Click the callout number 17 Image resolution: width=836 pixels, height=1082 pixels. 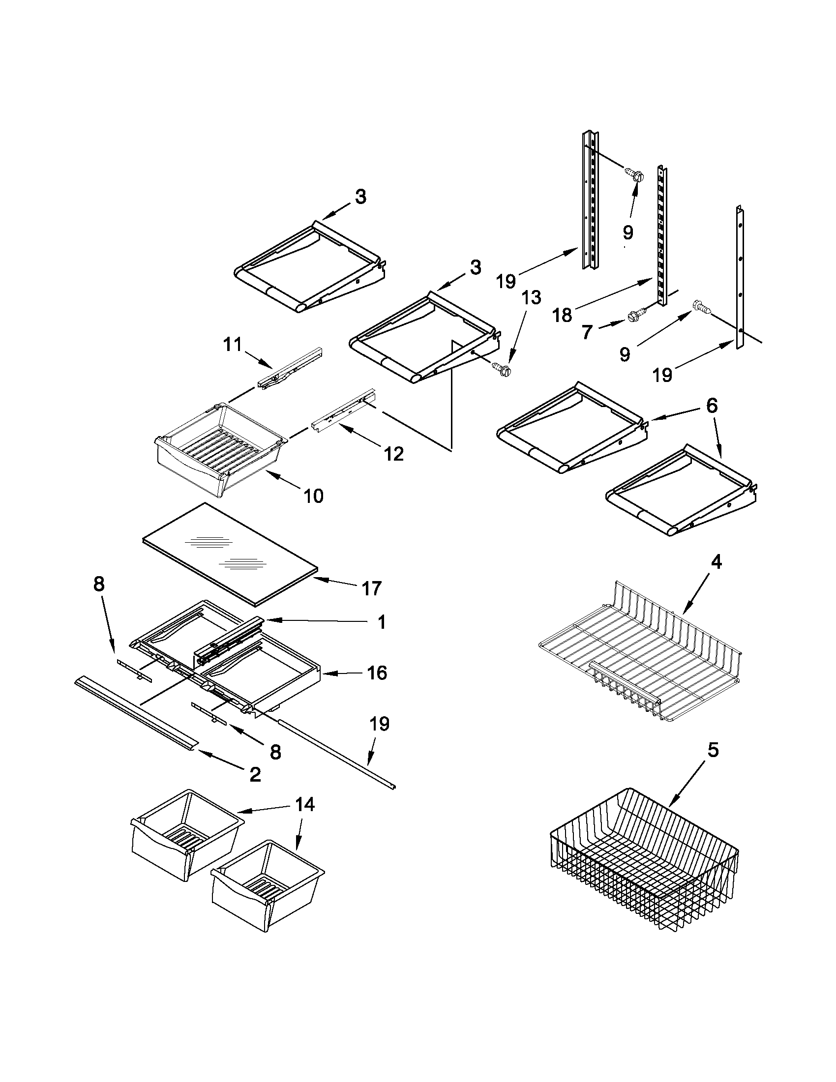[371, 588]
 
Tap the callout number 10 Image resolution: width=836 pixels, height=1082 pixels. [313, 496]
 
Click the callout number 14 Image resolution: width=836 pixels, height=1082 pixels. [304, 804]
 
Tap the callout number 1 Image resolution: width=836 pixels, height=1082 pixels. [381, 622]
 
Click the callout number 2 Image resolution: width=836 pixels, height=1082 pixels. [255, 774]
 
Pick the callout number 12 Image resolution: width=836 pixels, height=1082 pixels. [394, 453]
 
